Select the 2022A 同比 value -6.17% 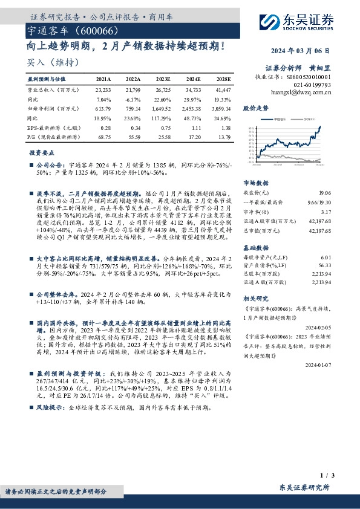click(132, 99)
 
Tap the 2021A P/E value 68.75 click(103, 138)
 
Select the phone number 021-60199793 click(313, 85)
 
